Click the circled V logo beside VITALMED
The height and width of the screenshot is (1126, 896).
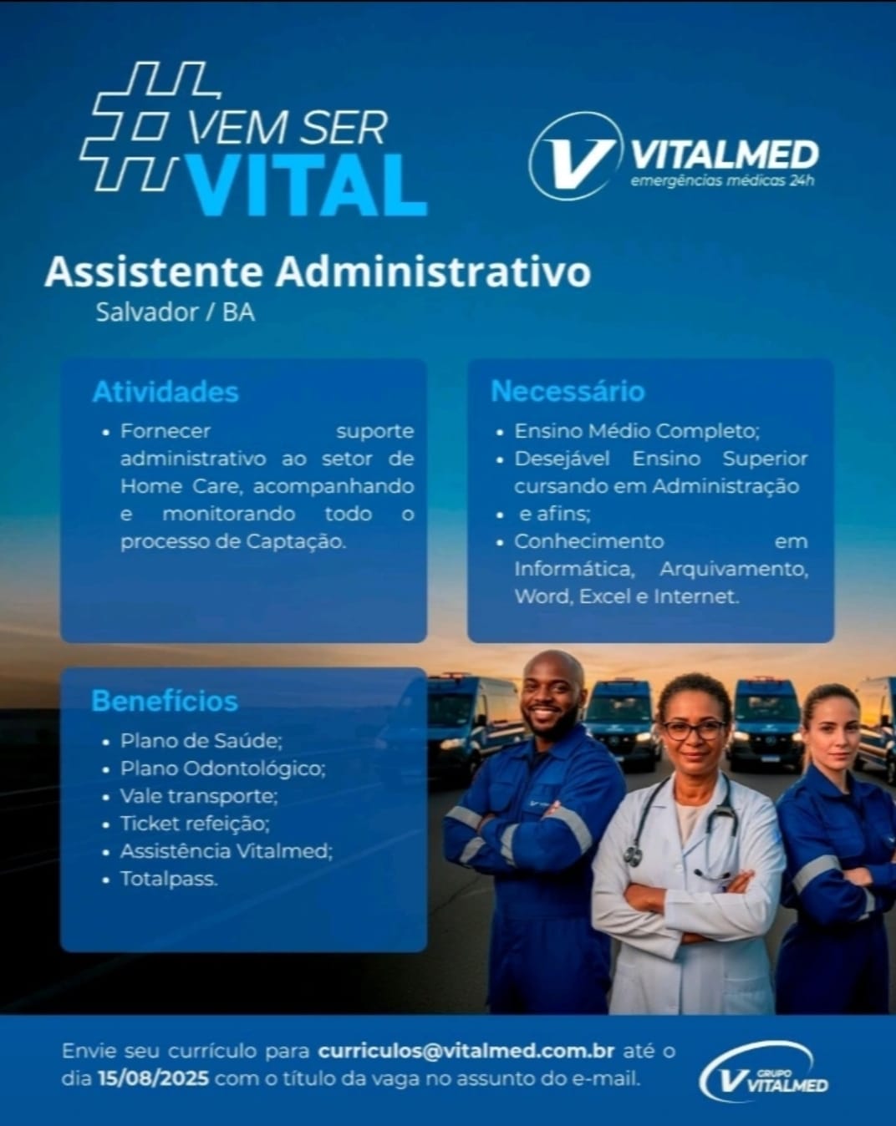574,156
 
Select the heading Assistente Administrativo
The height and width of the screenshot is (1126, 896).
318,272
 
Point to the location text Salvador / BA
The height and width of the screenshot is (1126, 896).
176,313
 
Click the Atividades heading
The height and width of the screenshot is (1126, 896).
165,392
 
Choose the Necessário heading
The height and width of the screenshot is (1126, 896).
568,392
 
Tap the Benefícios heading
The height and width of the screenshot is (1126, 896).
165,701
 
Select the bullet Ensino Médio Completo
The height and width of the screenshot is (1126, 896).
637,432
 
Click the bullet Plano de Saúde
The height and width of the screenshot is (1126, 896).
201,741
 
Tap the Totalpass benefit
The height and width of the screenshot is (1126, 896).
169,879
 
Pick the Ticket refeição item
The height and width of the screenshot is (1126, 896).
196,824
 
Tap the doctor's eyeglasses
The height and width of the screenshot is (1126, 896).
695,730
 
